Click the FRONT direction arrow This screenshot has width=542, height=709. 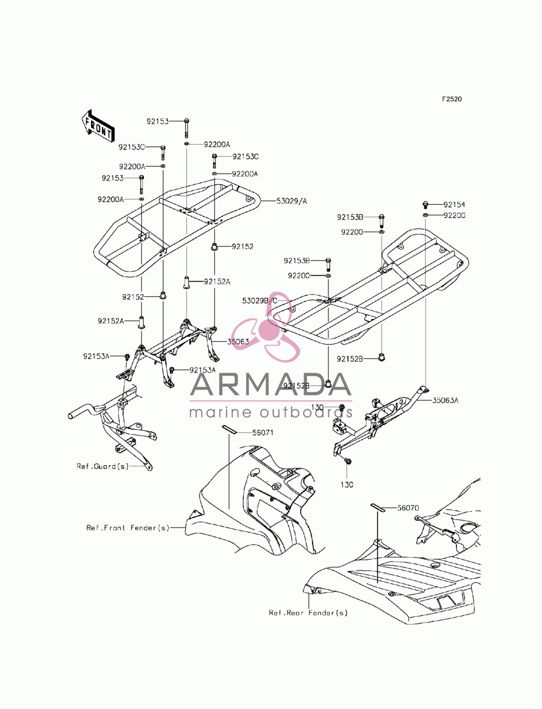tap(97, 126)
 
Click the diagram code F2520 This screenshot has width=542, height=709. tap(451, 99)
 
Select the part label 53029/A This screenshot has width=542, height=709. tap(292, 201)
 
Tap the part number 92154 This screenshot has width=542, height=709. tap(454, 204)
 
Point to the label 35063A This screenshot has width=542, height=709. tap(445, 400)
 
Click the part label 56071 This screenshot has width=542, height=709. tap(262, 433)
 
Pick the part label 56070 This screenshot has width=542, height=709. tap(408, 508)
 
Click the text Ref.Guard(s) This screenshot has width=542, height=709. tap(102, 466)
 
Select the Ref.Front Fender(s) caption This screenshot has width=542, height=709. tap(128, 528)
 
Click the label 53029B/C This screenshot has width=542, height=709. tap(260, 301)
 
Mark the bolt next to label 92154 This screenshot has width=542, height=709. tap(425, 204)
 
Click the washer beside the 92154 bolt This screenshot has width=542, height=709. tap(425, 215)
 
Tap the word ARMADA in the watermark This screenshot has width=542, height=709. tap(271, 384)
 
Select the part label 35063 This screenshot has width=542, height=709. tap(238, 342)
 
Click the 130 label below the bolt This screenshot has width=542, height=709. tap(346, 485)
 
